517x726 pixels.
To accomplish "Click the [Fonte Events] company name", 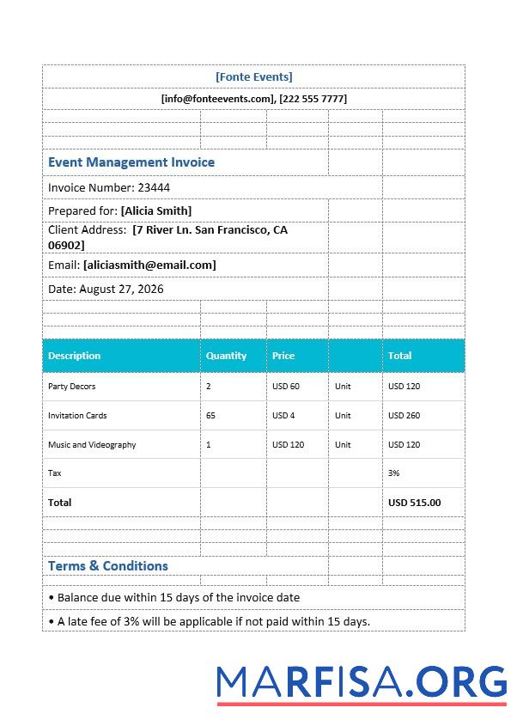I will point(254,76).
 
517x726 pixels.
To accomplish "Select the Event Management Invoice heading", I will point(131,162).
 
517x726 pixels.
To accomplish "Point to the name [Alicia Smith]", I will point(156,210).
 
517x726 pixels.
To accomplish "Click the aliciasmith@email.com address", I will point(149,265).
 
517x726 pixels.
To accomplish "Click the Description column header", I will point(74,356).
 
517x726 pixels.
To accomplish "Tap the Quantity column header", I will point(226,356).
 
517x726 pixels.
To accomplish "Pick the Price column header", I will point(283,356).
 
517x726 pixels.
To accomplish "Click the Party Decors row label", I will point(71,387).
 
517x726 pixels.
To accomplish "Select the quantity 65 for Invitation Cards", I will point(210,416).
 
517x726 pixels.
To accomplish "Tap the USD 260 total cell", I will point(404,416).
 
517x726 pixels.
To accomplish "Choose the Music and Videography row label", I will point(92,445).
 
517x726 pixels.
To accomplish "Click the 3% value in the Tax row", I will point(393,473).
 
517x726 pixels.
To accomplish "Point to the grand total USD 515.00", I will point(414,503).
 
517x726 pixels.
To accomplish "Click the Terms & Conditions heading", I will point(108,566).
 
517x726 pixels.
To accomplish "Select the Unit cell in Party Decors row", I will point(343,387).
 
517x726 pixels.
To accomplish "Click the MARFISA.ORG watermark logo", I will point(362,682).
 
